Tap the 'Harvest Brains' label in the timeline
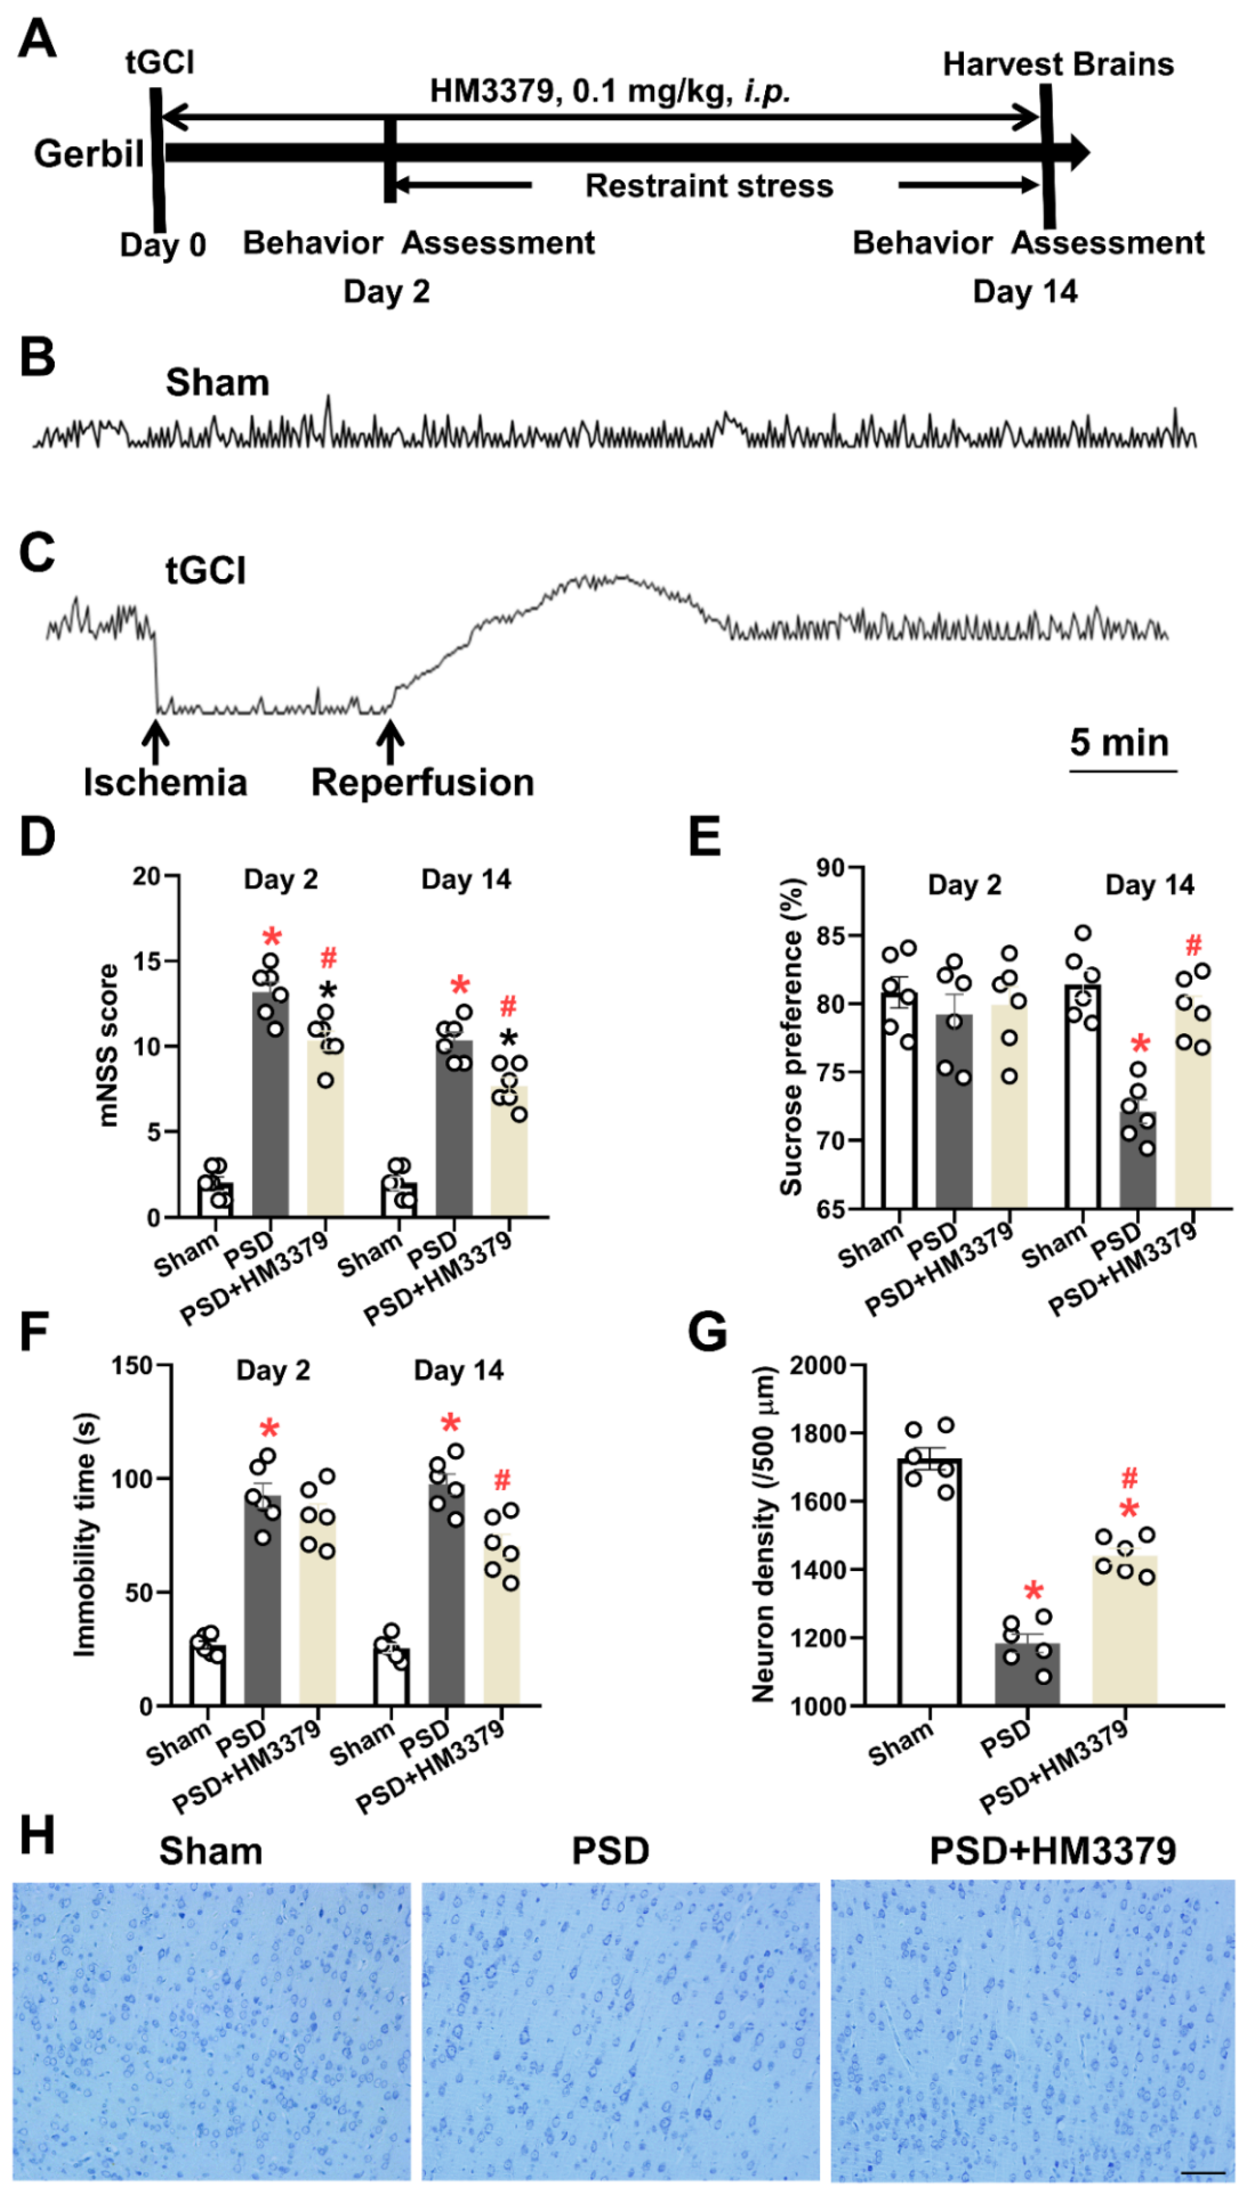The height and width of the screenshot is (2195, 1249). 1058,64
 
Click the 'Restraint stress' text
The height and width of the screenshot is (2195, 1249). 708,186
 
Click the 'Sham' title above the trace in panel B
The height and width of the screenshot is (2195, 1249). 217,383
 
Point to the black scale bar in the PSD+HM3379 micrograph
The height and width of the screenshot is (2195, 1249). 1208,2173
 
